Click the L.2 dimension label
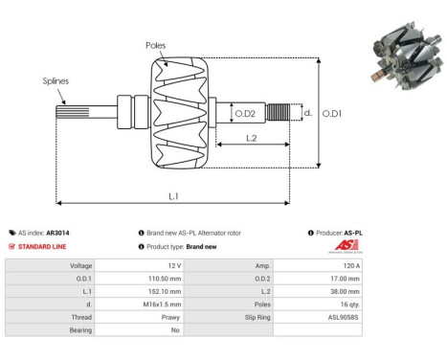click(249, 138)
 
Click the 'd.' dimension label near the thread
click(306, 113)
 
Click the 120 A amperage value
click(350, 265)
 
